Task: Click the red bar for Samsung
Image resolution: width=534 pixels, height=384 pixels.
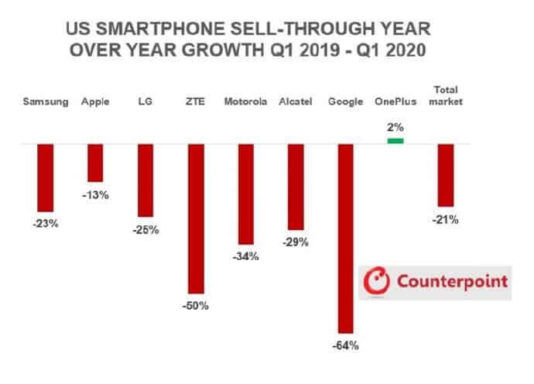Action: tap(46, 177)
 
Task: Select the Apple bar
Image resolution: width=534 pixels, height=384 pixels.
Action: tap(95, 163)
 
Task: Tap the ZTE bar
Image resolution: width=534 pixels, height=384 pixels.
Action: tap(196, 218)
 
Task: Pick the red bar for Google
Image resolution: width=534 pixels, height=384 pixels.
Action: tap(344, 238)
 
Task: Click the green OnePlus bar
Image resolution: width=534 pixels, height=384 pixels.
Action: tap(395, 140)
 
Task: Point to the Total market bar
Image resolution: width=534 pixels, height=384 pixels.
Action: tap(446, 175)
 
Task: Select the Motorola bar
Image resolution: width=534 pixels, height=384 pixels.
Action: tap(246, 194)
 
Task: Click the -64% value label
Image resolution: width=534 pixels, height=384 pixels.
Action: tap(344, 345)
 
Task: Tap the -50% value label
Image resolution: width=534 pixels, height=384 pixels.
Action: tap(196, 306)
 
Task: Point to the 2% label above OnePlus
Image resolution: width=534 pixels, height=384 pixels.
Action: tap(395, 127)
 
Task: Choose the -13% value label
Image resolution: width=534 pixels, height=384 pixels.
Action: tap(95, 195)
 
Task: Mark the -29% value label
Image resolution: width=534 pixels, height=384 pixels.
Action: tap(295, 242)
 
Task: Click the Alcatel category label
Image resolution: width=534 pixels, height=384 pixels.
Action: tap(295, 101)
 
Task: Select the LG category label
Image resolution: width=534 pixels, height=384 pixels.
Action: tap(145, 101)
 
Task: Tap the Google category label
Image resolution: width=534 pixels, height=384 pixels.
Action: tap(344, 101)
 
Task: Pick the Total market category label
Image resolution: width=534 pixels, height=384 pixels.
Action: tap(446, 95)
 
